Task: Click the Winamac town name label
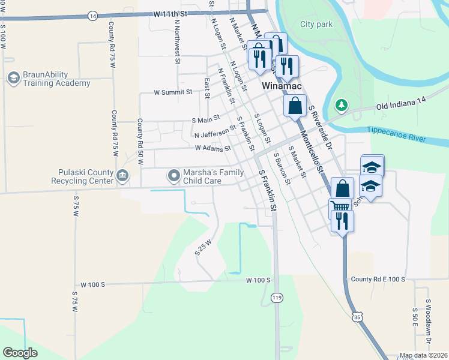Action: (x=281, y=86)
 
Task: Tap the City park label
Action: (x=316, y=25)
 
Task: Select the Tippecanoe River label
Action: (x=396, y=134)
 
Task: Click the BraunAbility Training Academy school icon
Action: (x=14, y=78)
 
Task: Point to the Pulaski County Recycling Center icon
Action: (x=122, y=175)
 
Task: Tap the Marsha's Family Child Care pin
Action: (x=174, y=176)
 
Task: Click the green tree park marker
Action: (x=342, y=106)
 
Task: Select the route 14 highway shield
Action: (x=92, y=16)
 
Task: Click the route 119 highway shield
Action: (x=276, y=298)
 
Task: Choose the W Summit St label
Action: (x=173, y=92)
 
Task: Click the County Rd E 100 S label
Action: (x=378, y=280)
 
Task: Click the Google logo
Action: (x=20, y=352)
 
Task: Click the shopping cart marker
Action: (x=339, y=207)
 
